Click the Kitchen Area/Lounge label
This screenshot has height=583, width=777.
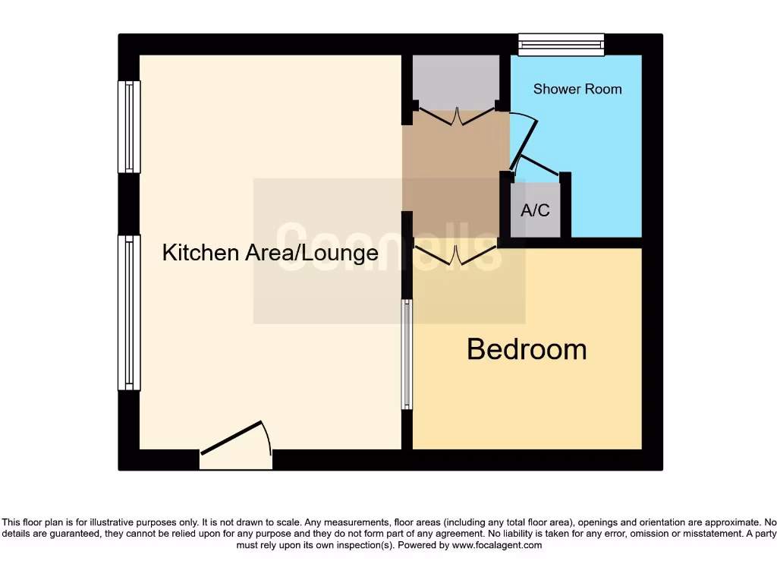[x=270, y=253]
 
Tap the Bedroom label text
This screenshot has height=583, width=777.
[x=527, y=349]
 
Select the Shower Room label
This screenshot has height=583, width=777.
[x=577, y=89]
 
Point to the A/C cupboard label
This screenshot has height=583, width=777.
[x=535, y=210]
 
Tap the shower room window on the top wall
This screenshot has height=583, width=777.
[x=562, y=45]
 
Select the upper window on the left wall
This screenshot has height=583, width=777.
[x=129, y=127]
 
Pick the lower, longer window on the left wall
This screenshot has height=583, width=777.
[x=129, y=312]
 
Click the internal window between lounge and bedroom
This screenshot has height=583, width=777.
[x=407, y=354]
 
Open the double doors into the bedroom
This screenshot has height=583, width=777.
[x=456, y=255]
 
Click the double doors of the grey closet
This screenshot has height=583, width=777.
[x=456, y=117]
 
